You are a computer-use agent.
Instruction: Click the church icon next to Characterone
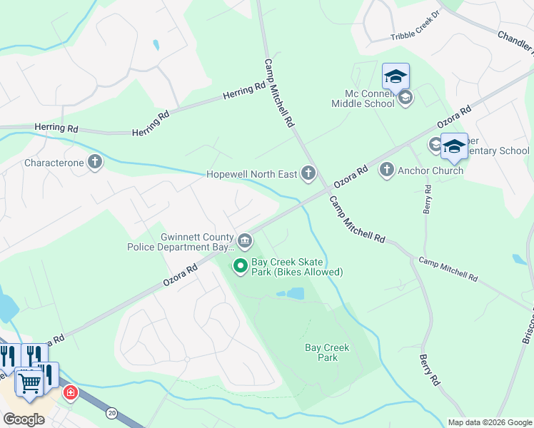(x=95, y=163)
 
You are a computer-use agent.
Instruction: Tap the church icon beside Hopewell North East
(x=308, y=173)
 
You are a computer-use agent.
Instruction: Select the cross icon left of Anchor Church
(x=387, y=170)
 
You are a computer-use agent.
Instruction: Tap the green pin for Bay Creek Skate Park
(x=241, y=267)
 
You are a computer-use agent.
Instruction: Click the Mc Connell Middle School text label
(x=363, y=98)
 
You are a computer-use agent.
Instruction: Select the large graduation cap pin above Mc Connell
(x=396, y=76)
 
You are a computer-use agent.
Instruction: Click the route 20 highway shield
(x=111, y=412)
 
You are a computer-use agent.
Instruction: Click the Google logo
(x=24, y=419)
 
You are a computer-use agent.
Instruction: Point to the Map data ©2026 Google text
(x=489, y=422)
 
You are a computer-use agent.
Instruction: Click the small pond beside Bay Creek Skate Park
(x=291, y=293)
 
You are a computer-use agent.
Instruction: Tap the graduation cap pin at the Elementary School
(x=454, y=146)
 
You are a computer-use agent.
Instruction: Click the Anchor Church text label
(x=430, y=170)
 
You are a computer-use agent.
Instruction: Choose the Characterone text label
(x=54, y=163)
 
